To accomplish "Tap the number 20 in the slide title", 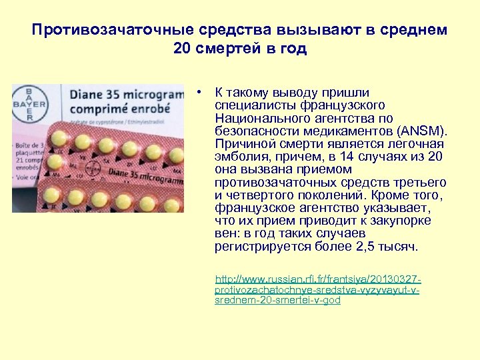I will (181, 49).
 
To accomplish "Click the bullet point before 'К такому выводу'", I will (199, 93).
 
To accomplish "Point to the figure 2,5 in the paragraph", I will (371, 246).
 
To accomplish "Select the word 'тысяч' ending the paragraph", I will (401, 246).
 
